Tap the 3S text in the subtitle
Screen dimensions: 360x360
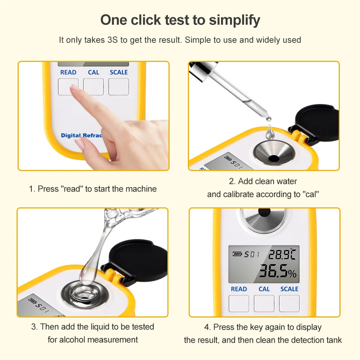tap(112, 40)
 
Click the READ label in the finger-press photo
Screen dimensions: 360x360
tap(68, 72)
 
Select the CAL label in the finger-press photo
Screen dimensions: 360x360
tap(94, 72)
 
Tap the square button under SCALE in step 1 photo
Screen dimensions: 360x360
tap(119, 86)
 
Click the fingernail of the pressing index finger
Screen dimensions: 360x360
tap(75, 87)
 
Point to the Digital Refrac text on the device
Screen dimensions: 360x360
tap(81, 135)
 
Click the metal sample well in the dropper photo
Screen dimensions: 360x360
tap(274, 153)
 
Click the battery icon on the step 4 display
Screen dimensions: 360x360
tap(237, 254)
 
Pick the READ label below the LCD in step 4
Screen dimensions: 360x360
tap(239, 289)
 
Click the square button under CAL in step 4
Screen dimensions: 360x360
tap(264, 303)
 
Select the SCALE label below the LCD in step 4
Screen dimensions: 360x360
tap(289, 289)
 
